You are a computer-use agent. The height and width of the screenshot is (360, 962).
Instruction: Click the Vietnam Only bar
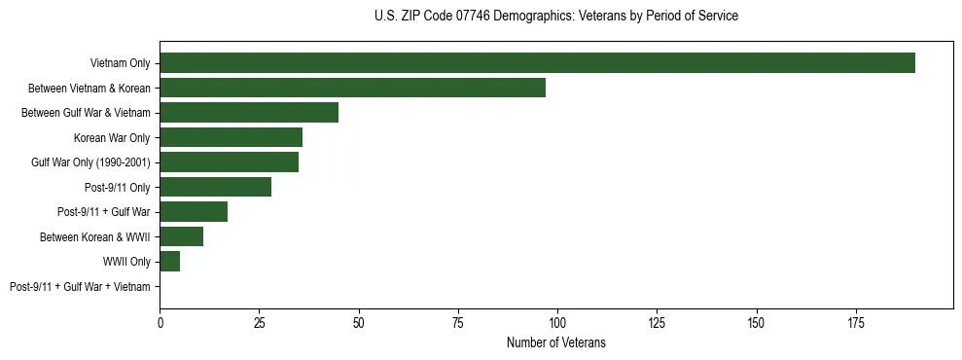click(x=537, y=63)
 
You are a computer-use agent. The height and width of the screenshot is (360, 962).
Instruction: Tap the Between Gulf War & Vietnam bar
click(x=249, y=113)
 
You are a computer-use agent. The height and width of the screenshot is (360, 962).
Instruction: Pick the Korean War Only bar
click(x=231, y=137)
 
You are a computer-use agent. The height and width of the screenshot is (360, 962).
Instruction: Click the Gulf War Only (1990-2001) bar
click(x=229, y=162)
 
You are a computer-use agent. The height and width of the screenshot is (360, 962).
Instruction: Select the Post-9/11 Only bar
click(x=215, y=187)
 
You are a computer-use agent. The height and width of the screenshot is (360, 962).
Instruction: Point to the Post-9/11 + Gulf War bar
click(x=194, y=212)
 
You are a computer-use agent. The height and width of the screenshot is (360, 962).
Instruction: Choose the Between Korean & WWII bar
click(x=181, y=236)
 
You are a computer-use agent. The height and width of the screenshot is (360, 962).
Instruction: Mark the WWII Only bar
click(x=169, y=262)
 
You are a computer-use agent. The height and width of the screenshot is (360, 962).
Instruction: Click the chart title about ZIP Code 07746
click(x=555, y=17)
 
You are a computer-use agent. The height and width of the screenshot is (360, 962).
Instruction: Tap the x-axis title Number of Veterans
click(x=555, y=342)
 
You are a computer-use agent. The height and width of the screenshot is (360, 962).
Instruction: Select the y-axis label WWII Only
click(x=126, y=262)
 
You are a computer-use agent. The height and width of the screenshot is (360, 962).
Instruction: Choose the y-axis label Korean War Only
click(x=112, y=137)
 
